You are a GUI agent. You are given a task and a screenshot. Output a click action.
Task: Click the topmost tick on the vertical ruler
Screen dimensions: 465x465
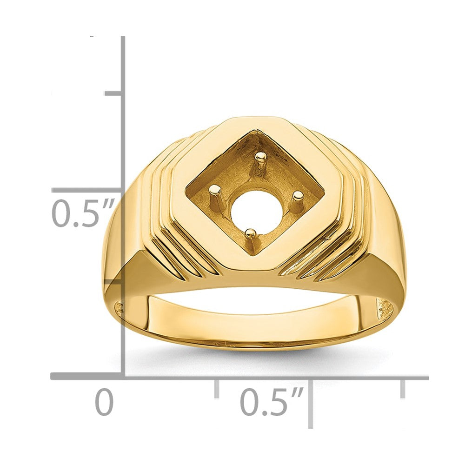click(113, 94)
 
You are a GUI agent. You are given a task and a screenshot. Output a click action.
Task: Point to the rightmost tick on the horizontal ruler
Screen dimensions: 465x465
click(402, 388)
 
